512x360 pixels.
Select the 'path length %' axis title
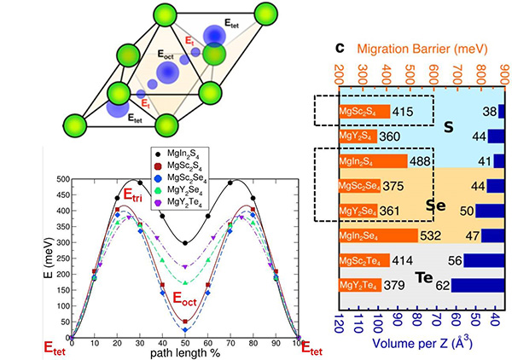[x=184, y=351]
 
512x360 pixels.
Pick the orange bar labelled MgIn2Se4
[x=378, y=235]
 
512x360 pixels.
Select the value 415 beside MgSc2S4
[x=404, y=112]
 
